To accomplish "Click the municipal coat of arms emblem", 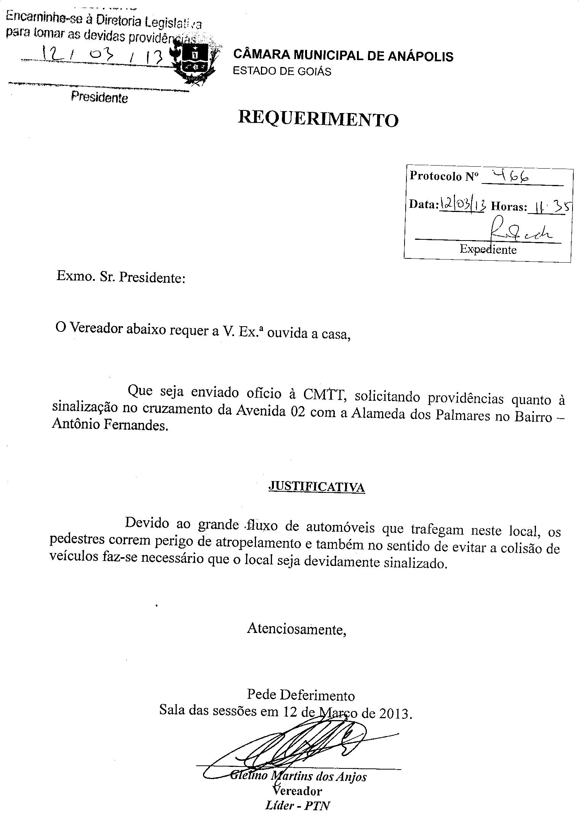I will [194, 63].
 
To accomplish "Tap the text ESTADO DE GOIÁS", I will [282, 72].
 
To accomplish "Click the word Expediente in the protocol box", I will [488, 249].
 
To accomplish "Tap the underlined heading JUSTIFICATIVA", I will [317, 487].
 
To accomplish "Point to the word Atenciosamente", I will [297, 628].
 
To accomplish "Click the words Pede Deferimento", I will [301, 695].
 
